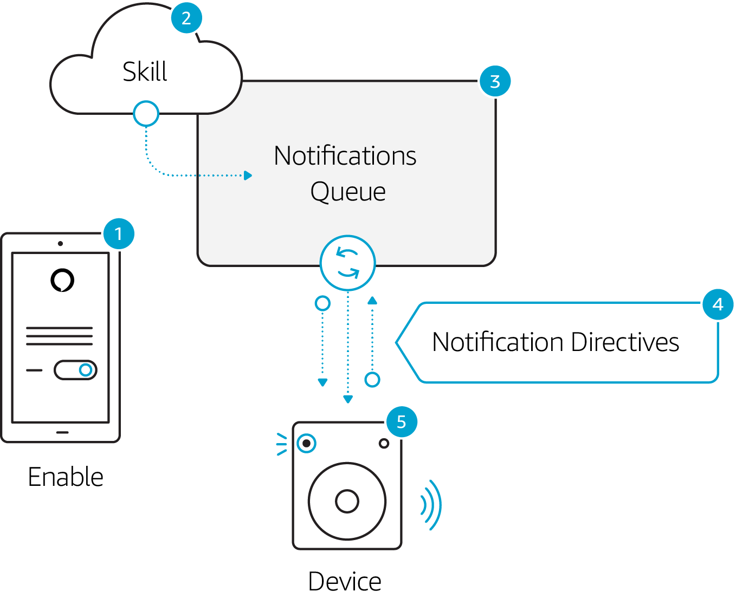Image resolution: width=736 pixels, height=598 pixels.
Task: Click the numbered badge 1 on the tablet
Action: coord(119,234)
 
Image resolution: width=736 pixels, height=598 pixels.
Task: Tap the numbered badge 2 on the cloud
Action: coord(186,18)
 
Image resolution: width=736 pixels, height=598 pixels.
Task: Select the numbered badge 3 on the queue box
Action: coord(495,81)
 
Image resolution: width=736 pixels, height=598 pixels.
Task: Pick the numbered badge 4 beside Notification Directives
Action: coord(718,304)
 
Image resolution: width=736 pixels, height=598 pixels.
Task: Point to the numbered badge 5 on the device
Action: coord(402,421)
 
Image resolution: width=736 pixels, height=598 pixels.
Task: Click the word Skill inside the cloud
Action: coord(145,71)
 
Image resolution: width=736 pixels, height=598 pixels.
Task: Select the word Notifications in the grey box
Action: coord(345,156)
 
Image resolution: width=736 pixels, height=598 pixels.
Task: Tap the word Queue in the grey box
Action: coord(348,192)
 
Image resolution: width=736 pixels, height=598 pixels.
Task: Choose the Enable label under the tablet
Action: coord(66,477)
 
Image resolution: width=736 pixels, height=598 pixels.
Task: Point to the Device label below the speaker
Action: coord(345,582)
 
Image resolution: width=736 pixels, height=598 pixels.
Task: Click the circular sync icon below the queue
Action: coord(347,263)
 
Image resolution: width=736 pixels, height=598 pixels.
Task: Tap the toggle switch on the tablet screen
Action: coord(75,370)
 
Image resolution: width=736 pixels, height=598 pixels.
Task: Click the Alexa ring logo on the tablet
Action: coord(62,280)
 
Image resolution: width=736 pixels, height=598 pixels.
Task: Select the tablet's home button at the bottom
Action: coord(62,432)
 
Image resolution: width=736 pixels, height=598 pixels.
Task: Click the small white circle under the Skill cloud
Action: coord(146,114)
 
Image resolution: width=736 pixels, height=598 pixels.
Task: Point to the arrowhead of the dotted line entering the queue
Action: coord(248,175)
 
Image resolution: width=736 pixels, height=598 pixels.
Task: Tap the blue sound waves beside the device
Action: coord(431,505)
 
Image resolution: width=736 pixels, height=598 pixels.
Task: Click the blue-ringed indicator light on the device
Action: coord(307,443)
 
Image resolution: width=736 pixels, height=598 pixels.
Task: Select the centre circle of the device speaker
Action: coord(347,501)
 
